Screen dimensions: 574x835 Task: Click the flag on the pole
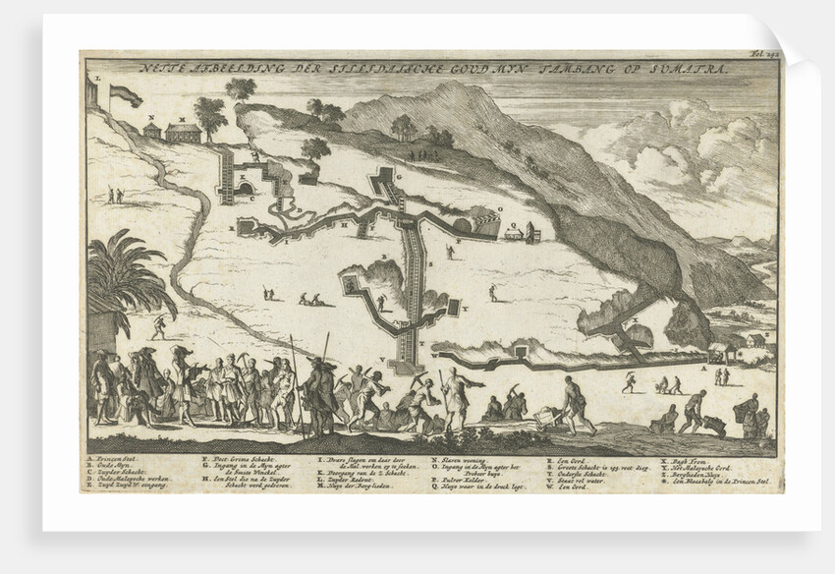tap(123, 94)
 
